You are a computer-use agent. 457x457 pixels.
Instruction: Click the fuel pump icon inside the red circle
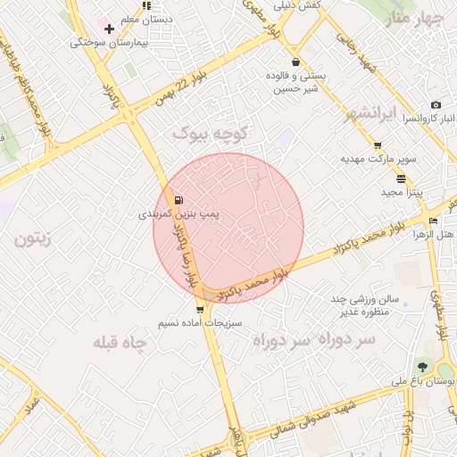coord(180,199)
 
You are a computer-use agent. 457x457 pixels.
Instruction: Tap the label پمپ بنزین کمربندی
coord(179,214)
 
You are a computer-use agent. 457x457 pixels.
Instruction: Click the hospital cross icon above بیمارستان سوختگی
coord(109,29)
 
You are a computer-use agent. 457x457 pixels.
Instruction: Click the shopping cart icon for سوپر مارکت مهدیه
coord(378,145)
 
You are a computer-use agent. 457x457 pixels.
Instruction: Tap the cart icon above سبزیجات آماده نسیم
coord(199,310)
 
